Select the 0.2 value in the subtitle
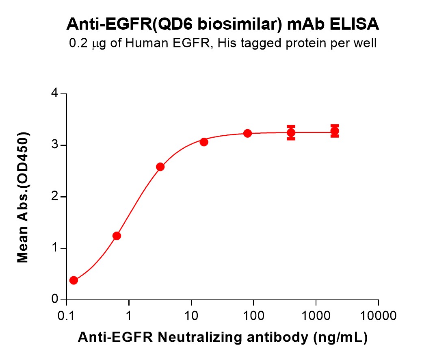(x=78, y=43)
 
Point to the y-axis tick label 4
(x=54, y=94)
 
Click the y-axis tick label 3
(x=54, y=145)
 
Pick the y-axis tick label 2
(x=54, y=197)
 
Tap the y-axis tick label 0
(x=54, y=300)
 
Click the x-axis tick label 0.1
(x=66, y=315)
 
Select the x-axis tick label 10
(x=191, y=315)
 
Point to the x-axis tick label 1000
(x=316, y=315)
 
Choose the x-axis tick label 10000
(x=378, y=315)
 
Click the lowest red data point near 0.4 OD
(x=74, y=280)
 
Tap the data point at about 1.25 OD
(x=117, y=236)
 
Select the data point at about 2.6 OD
(x=160, y=167)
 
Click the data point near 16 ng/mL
(x=204, y=142)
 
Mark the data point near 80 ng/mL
(x=247, y=133)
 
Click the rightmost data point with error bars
(x=335, y=131)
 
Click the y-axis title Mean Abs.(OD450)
(x=24, y=197)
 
